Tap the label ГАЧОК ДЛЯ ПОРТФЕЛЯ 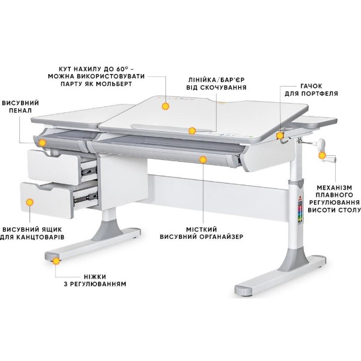[x=311, y=90]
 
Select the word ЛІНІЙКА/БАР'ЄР [x=217, y=79]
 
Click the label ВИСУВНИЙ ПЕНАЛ [x=20, y=106]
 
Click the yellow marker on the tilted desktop [x=165, y=106]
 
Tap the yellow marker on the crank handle [x=322, y=156]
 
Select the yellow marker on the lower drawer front [x=29, y=202]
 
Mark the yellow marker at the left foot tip [x=56, y=261]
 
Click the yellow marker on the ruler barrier [x=192, y=131]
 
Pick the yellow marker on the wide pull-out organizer [x=203, y=159]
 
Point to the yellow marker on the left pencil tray [x=42, y=143]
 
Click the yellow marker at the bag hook [x=280, y=135]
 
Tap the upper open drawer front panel [x=54, y=167]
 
